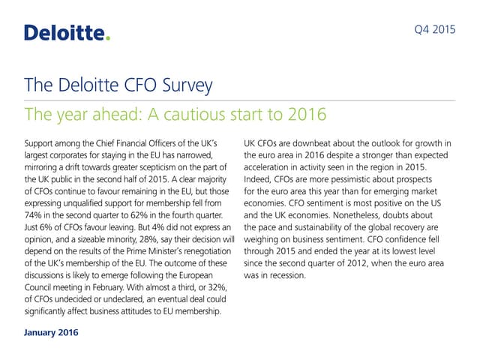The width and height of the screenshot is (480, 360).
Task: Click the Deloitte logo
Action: [67, 32]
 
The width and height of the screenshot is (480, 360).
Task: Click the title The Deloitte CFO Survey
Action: [118, 85]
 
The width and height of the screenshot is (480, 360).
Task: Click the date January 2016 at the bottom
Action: [51, 331]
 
